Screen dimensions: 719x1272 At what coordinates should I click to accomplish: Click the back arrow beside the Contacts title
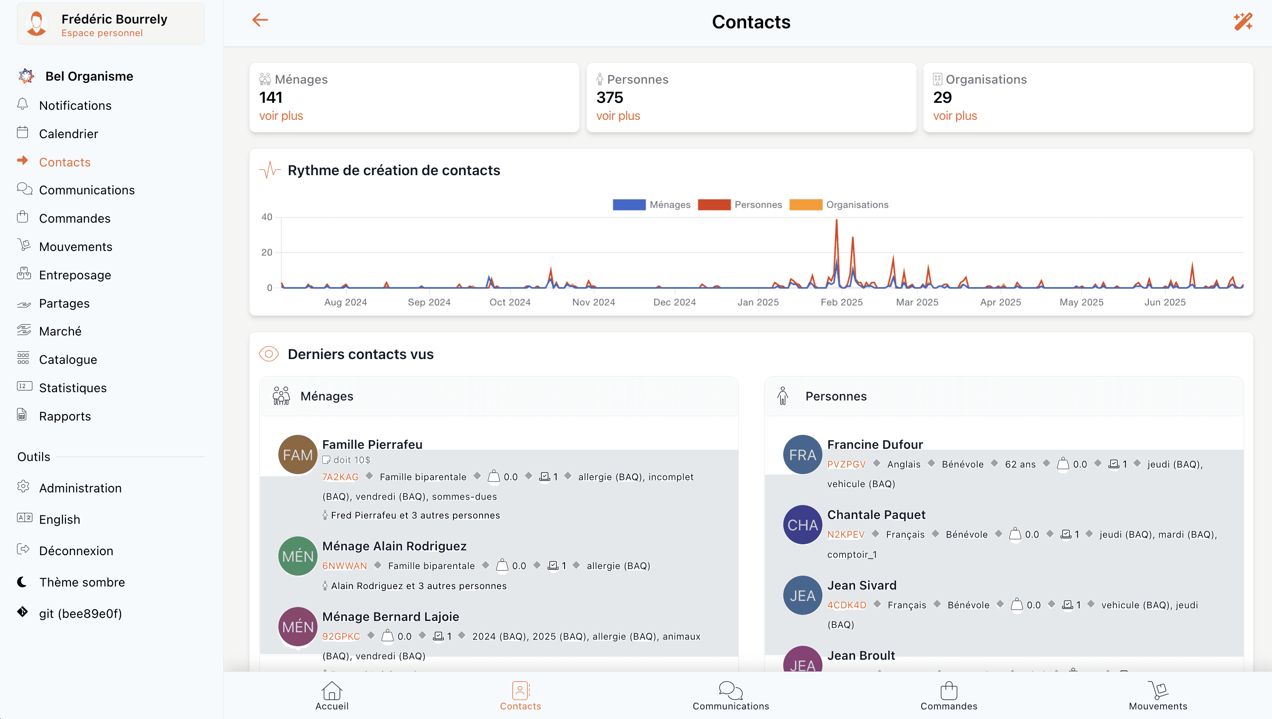pos(260,20)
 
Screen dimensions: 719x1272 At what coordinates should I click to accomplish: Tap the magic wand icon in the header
pos(1242,22)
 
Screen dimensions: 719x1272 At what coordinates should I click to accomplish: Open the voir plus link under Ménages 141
pos(281,115)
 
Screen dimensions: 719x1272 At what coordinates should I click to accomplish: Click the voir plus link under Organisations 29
pos(954,115)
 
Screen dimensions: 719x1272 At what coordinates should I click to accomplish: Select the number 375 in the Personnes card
pos(609,97)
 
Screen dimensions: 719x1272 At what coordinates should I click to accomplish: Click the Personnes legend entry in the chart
pos(758,204)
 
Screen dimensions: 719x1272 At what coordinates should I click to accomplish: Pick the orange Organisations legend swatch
pos(805,204)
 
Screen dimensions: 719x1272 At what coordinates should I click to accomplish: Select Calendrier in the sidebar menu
pos(68,134)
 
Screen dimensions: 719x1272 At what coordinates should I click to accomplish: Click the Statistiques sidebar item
pos(73,388)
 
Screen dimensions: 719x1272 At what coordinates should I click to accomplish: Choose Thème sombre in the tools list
pos(82,582)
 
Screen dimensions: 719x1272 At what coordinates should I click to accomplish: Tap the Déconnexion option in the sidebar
pos(76,551)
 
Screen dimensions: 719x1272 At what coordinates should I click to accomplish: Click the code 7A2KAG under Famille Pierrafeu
pos(340,477)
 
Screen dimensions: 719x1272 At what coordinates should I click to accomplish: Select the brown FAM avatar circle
pos(298,454)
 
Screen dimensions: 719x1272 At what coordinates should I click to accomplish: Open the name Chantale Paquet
pos(876,515)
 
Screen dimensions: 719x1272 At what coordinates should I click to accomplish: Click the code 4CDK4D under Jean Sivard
pos(846,605)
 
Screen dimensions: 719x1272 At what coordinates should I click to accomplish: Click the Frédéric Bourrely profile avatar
pos(37,23)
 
